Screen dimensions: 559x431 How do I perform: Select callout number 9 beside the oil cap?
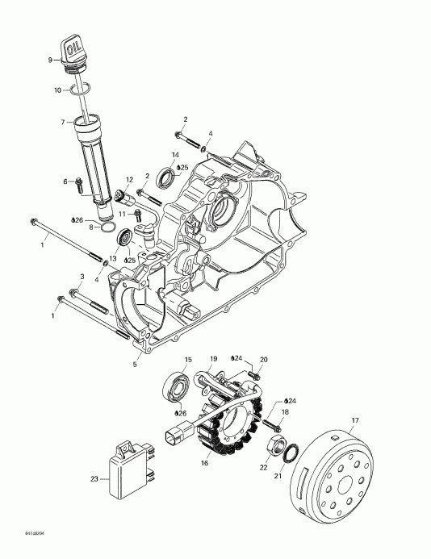click(x=50, y=60)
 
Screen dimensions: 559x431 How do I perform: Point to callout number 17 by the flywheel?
click(x=353, y=420)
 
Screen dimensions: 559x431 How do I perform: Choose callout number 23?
click(x=94, y=479)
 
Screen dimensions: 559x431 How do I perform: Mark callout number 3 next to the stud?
click(x=82, y=277)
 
